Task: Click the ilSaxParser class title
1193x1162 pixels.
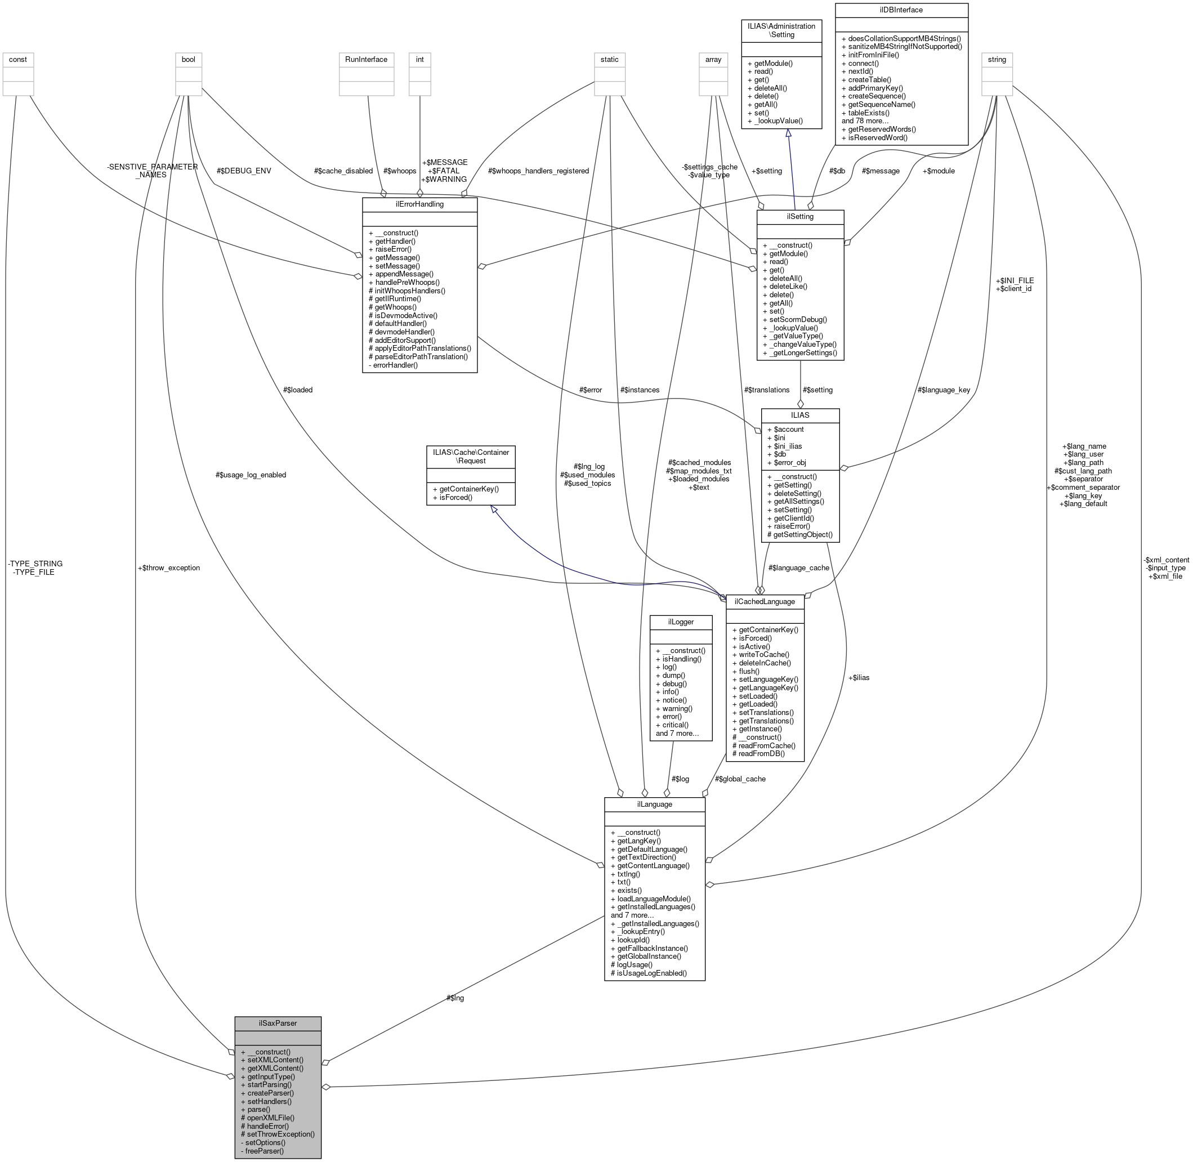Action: point(278,1023)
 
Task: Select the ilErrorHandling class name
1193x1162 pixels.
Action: point(419,204)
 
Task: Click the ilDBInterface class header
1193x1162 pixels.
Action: point(901,10)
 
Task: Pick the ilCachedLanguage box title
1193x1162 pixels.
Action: point(764,601)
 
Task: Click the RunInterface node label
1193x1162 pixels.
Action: point(366,59)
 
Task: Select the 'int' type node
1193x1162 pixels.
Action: point(419,59)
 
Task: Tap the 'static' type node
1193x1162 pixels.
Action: point(609,59)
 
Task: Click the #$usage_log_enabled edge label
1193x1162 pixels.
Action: point(250,475)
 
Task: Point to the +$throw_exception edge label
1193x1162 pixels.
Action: point(169,567)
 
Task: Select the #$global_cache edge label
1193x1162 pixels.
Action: point(740,779)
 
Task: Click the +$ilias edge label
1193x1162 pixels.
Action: point(859,677)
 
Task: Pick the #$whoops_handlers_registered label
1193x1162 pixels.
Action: point(538,171)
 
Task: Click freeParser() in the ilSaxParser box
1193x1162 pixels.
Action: point(264,1150)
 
